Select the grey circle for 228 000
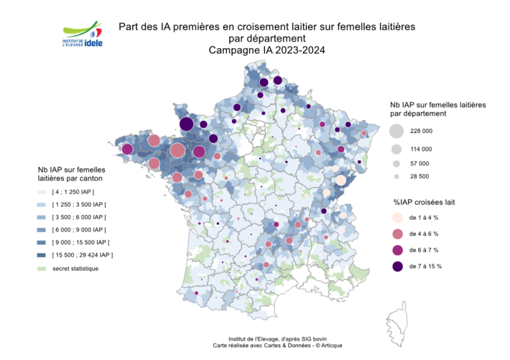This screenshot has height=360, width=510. pyautogui.click(x=396, y=131)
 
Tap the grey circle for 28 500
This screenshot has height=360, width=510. pyautogui.click(x=396, y=176)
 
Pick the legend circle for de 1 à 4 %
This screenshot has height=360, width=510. pyautogui.click(x=396, y=217)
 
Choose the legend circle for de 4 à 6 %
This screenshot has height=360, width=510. pyautogui.click(x=396, y=234)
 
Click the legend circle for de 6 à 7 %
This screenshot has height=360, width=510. pyautogui.click(x=396, y=250)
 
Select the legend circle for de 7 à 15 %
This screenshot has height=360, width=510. pyautogui.click(x=396, y=266)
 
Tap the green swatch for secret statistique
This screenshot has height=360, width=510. pyautogui.click(x=42, y=269)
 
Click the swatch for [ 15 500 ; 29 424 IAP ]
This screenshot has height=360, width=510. pyautogui.click(x=42, y=255)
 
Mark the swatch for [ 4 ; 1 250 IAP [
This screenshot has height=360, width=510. pyautogui.click(x=42, y=193)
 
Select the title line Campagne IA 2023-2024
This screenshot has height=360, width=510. pyautogui.click(x=266, y=50)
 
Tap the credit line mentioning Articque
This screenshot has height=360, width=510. pyautogui.click(x=273, y=346)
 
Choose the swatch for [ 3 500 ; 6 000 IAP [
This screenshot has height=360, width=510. pyautogui.click(x=42, y=217)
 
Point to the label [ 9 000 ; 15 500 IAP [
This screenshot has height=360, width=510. pyautogui.click(x=81, y=242)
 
